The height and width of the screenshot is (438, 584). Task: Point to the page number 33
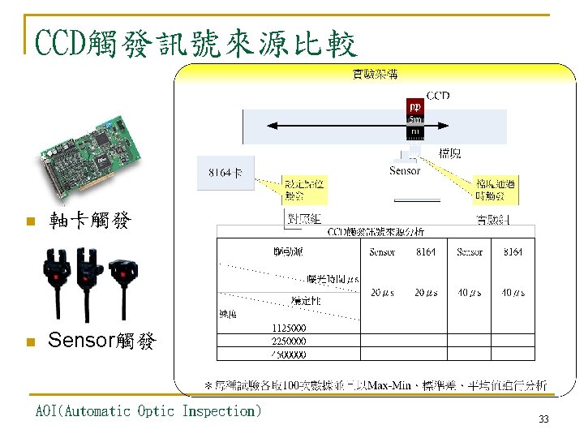tap(543, 419)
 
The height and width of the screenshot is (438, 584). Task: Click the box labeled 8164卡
tap(225, 174)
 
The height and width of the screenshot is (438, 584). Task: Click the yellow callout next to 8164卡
tap(304, 190)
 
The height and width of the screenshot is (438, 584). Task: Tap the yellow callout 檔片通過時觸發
tap(496, 189)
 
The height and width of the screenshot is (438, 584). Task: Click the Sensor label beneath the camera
tap(405, 170)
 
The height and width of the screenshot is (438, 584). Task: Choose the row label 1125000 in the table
tap(288, 327)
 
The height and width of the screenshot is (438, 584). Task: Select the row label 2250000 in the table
tap(288, 341)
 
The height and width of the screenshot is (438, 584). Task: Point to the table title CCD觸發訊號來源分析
tap(376, 231)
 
